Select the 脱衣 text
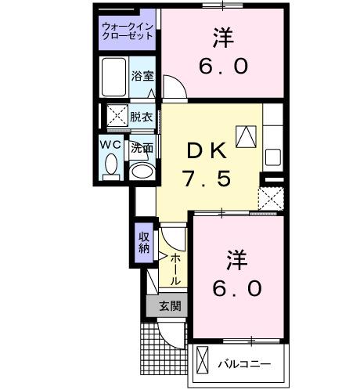click(141, 117)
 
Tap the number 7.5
click(208, 179)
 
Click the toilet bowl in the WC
click(110, 166)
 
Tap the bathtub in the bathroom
click(115, 78)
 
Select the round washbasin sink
click(142, 171)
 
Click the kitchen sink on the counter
click(272, 156)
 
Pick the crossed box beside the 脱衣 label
click(117, 117)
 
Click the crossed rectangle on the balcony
click(203, 363)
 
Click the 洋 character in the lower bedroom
click(236, 257)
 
